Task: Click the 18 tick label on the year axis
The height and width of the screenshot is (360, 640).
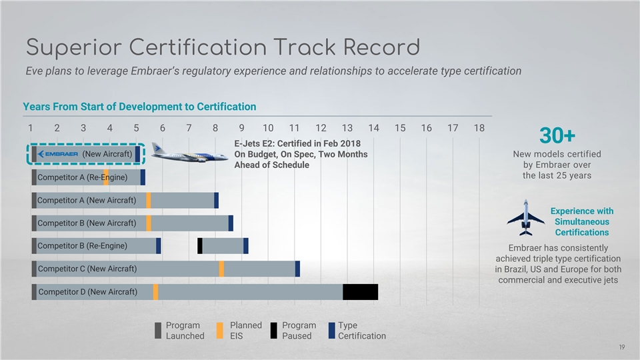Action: [x=479, y=128]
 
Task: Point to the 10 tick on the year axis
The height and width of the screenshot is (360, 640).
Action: [x=267, y=128]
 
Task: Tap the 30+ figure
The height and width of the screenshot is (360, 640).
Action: [x=557, y=136]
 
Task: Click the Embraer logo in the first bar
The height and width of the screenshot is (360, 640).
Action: [x=58, y=154]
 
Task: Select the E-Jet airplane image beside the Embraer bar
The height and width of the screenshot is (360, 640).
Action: [x=189, y=153]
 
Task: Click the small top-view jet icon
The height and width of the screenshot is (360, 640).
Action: [x=525, y=217]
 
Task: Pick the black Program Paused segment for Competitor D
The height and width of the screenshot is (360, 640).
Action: [x=360, y=292]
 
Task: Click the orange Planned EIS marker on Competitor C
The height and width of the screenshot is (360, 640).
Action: [x=221, y=268]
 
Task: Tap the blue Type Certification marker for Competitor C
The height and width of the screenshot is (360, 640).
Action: [x=297, y=268]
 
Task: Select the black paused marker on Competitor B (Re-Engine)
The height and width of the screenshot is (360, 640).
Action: [x=200, y=246]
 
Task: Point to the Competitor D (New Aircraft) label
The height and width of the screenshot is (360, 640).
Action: [x=88, y=292]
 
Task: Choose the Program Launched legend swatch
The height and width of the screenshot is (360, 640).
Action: [x=158, y=331]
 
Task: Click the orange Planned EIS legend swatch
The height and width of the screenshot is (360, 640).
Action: [x=220, y=331]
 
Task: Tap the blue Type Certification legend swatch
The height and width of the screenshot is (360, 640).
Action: [x=332, y=331]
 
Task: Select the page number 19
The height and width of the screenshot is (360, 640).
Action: [x=621, y=347]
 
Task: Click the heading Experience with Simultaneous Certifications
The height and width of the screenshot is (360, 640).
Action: [x=581, y=221]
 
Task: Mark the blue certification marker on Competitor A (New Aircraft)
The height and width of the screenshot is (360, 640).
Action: [x=216, y=200]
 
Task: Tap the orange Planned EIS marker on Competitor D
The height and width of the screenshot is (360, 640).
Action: [x=155, y=292]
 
